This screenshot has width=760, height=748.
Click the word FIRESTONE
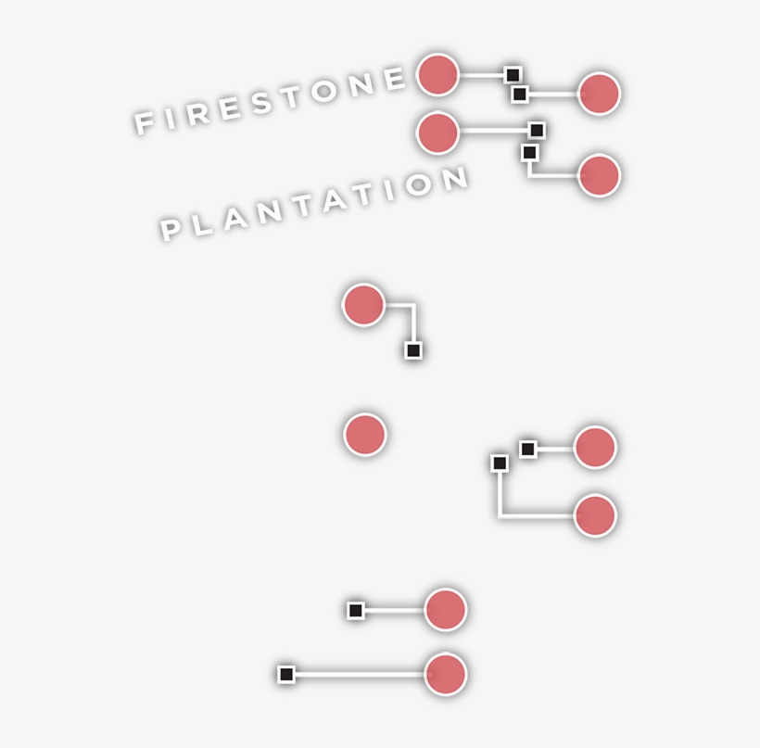point(271,99)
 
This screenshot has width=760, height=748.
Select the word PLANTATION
point(314,203)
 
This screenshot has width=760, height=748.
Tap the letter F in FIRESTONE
point(144,122)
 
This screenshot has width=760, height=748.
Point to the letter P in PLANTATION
point(171,228)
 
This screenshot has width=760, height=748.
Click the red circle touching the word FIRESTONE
point(437,75)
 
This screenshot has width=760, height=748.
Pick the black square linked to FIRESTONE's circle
point(512,74)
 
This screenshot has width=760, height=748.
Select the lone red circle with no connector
point(364,435)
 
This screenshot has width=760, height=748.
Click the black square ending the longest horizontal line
point(286,674)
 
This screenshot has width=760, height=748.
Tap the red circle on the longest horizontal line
point(445,674)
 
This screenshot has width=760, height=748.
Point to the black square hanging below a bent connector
point(413,350)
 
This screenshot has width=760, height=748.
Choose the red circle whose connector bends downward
point(363,305)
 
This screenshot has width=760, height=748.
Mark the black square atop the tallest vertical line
point(500,463)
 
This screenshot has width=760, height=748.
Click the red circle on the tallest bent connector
point(595,515)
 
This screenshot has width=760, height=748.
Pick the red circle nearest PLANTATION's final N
point(437,133)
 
